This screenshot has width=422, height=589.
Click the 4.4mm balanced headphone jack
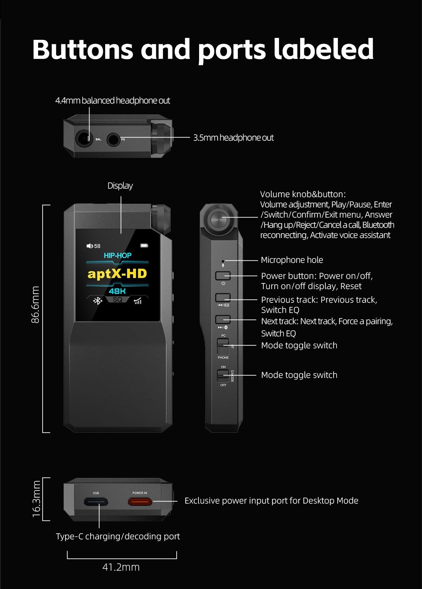click(84, 139)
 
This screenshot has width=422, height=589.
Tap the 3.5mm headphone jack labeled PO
click(113, 139)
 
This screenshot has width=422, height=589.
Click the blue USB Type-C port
click(96, 502)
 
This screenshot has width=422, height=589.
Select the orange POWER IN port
click(140, 502)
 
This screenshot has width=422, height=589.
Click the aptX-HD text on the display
click(117, 274)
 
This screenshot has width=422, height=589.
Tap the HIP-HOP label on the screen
click(117, 255)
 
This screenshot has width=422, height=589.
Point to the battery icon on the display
click(144, 245)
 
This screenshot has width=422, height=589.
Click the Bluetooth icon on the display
click(98, 301)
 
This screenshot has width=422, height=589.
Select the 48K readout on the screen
click(117, 291)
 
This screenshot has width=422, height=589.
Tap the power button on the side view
click(223, 275)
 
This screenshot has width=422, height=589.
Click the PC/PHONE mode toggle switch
click(223, 346)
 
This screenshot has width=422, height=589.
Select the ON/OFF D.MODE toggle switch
click(223, 375)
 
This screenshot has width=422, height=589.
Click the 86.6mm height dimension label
click(35, 305)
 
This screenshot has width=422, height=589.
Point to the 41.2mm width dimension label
click(121, 567)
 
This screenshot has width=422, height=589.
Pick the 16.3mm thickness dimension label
click(36, 499)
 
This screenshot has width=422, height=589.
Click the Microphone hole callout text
click(292, 260)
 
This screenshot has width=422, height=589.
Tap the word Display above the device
click(120, 186)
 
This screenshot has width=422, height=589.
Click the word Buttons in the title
click(82, 50)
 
